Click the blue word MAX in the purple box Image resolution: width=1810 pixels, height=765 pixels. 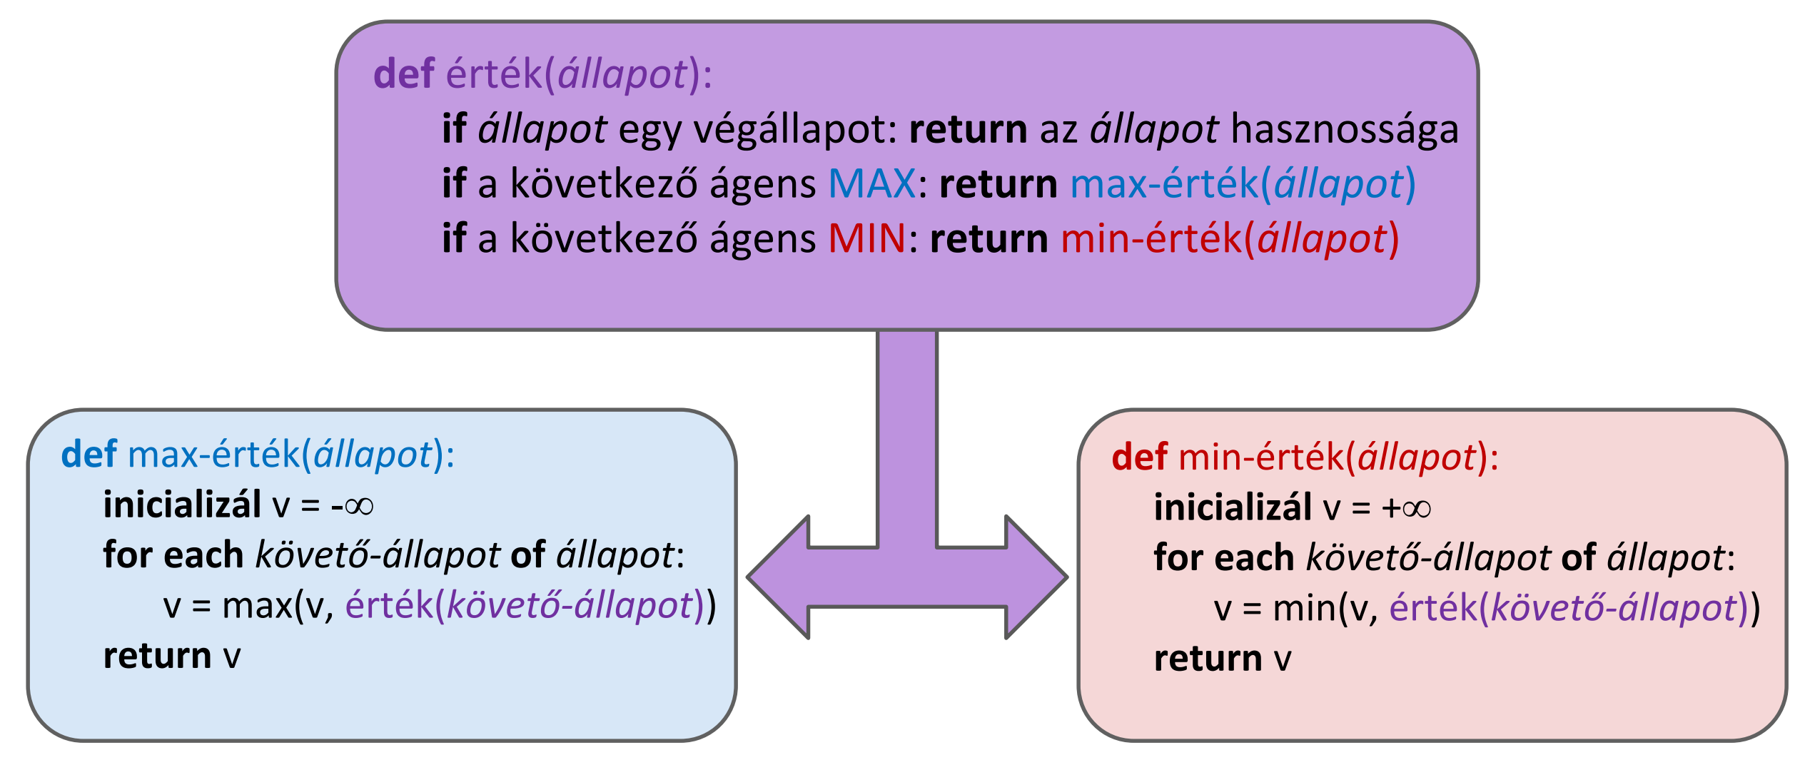click(871, 184)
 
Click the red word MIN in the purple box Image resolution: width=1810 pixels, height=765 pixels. click(866, 238)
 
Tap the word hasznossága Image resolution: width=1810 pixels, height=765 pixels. click(1345, 130)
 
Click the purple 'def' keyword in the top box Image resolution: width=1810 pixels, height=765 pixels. click(403, 74)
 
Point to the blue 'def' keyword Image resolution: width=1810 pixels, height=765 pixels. click(89, 455)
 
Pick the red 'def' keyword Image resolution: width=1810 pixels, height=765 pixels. click(1139, 457)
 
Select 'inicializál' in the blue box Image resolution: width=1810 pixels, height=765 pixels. click(182, 505)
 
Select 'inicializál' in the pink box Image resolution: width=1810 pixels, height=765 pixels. click(1233, 508)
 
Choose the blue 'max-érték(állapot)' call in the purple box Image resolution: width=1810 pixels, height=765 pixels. click(1243, 184)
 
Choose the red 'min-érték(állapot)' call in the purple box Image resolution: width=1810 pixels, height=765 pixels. click(1229, 238)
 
